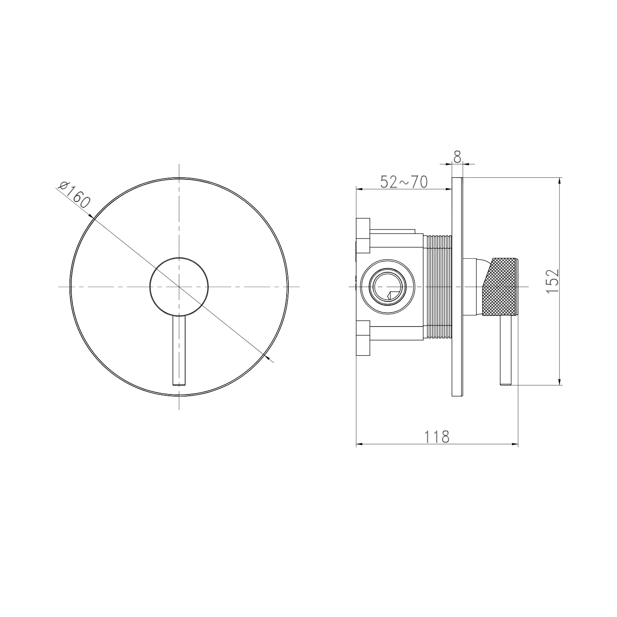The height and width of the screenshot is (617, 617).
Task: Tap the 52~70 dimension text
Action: pos(404,182)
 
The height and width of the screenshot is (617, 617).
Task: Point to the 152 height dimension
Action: pos(552,281)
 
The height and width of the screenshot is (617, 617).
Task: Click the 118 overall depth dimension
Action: pos(437,436)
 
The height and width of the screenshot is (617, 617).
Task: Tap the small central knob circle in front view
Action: pos(179,287)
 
